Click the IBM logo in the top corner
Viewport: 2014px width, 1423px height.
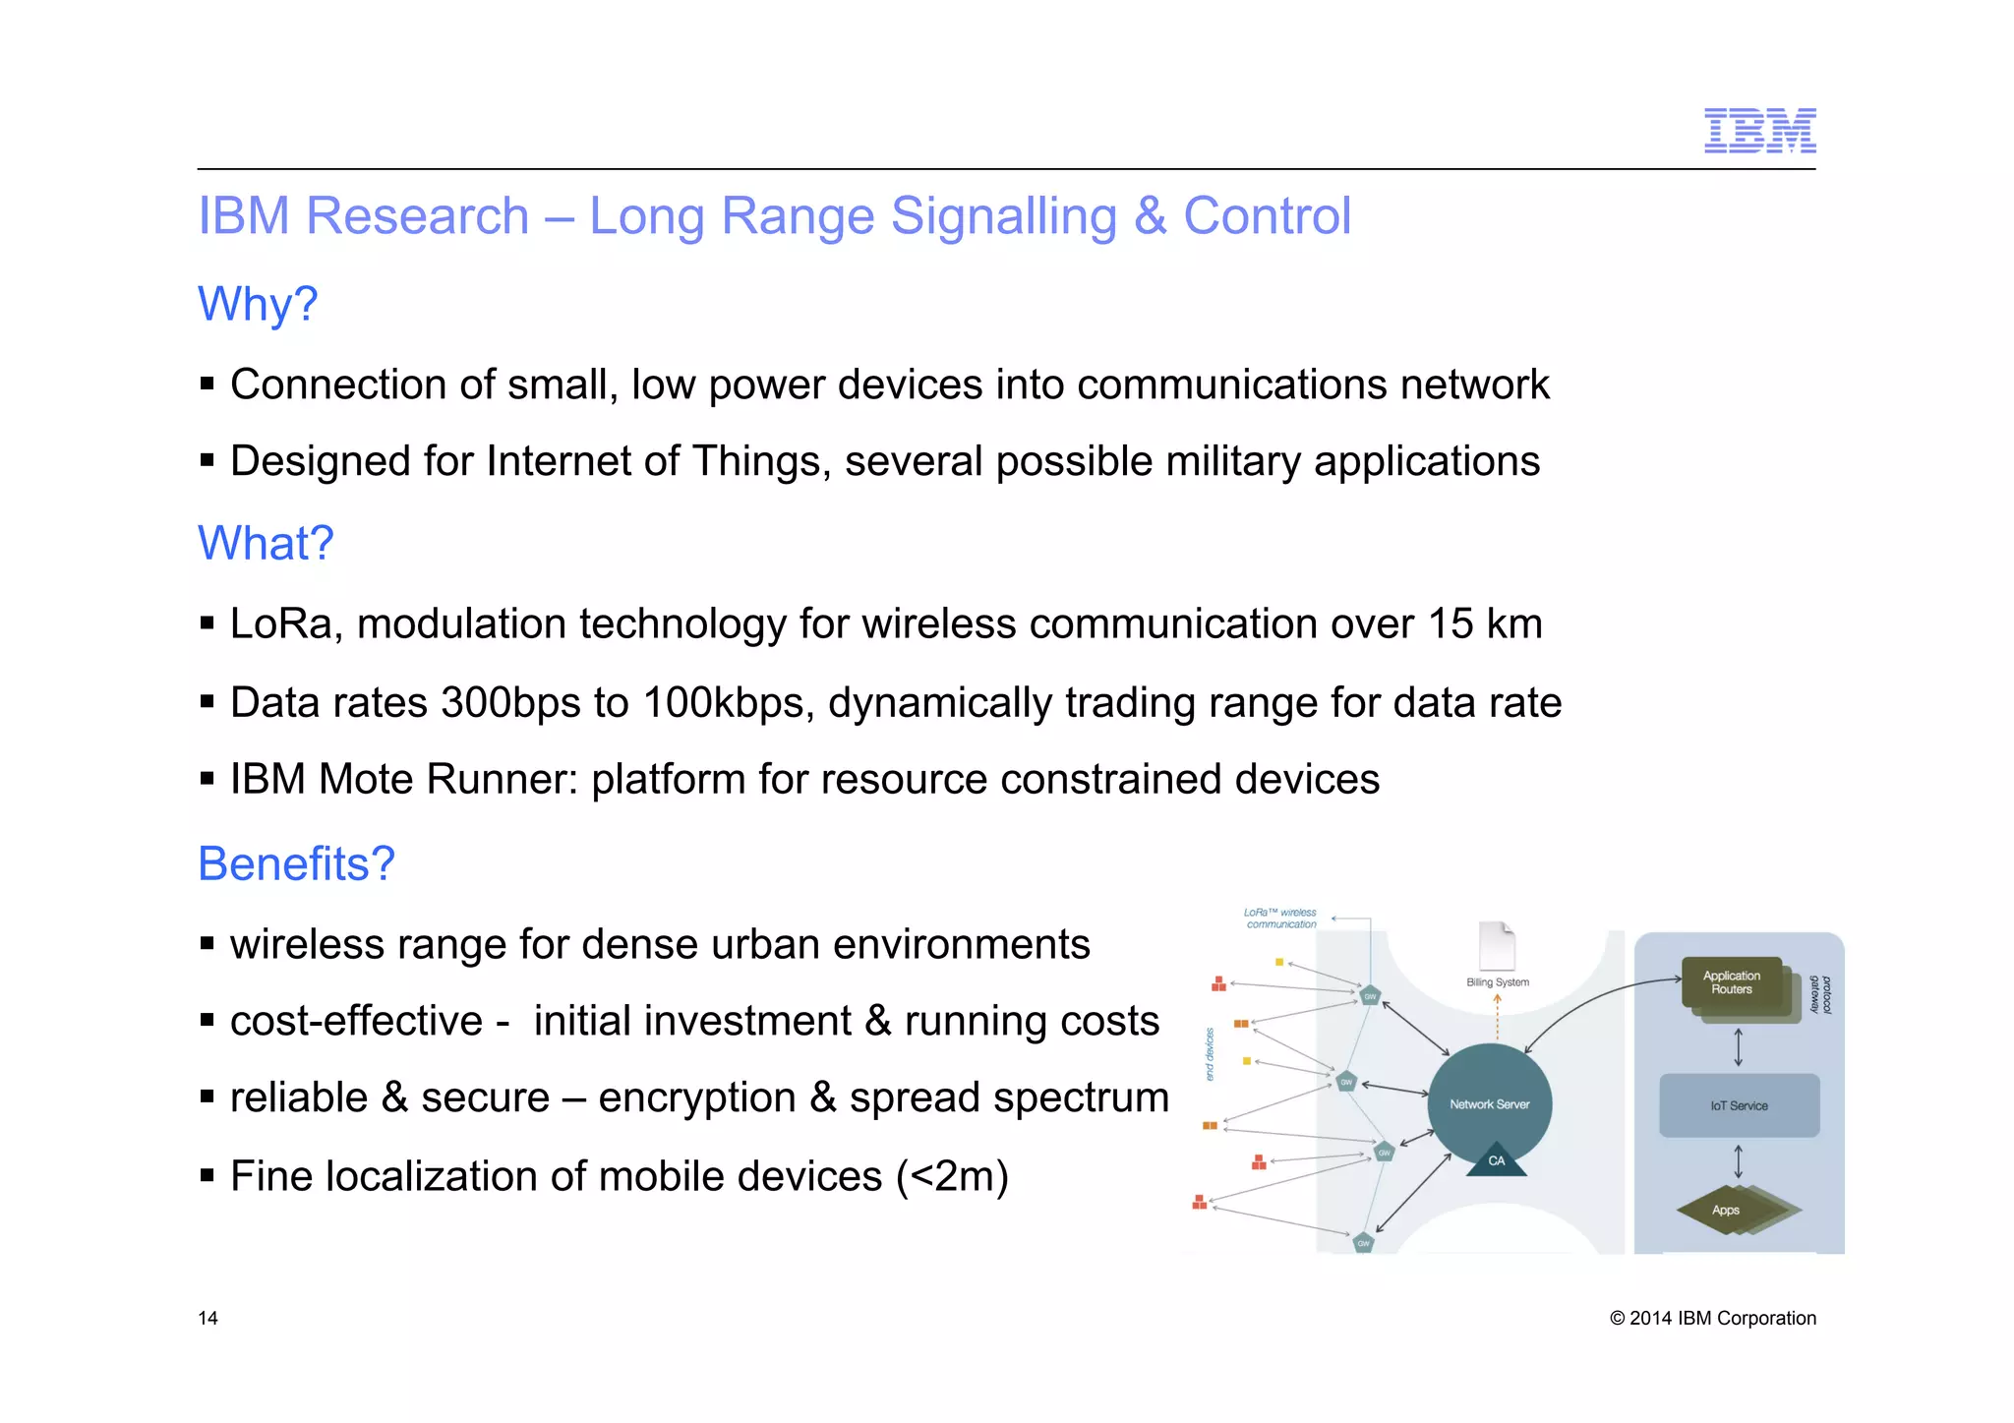[x=1759, y=131]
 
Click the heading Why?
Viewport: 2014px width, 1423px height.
[x=258, y=304]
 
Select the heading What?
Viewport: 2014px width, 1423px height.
[x=266, y=543]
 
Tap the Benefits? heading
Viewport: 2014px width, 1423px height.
[x=296, y=863]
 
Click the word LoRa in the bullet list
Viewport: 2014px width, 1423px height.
[x=284, y=623]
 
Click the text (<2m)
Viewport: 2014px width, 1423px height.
[x=952, y=1176]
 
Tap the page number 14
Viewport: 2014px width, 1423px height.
[x=207, y=1318]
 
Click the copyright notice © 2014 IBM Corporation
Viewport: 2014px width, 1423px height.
[x=1712, y=1318]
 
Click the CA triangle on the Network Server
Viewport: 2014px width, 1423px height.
[x=1496, y=1160]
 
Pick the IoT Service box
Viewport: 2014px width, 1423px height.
[x=1739, y=1105]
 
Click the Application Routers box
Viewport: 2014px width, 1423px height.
[x=1732, y=983]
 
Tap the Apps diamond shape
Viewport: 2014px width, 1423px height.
[x=1727, y=1210]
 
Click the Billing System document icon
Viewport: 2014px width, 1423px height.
[x=1497, y=946]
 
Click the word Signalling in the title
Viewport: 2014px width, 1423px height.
[x=1004, y=215]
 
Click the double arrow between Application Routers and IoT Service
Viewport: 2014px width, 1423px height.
[x=1738, y=1046]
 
